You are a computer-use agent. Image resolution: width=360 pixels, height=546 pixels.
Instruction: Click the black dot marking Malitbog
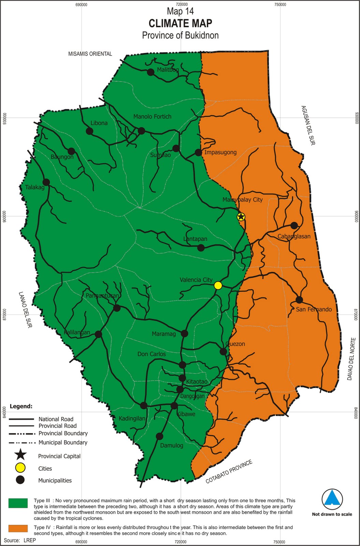150,72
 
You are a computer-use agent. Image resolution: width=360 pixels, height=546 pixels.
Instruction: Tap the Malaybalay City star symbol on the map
241,217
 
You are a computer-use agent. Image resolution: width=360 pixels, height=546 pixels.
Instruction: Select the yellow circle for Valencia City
218,285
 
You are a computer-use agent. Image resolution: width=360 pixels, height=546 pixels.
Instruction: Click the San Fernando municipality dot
299,300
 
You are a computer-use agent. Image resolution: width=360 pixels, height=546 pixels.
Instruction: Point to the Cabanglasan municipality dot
294,226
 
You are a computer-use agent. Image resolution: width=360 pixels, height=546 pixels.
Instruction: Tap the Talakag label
35,187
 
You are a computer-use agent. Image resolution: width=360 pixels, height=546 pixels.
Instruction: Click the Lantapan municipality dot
201,248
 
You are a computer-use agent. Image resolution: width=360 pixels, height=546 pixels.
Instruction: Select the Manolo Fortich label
152,117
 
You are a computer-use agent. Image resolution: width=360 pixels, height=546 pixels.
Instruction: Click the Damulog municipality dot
159,436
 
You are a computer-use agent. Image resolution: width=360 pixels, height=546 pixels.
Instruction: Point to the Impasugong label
220,152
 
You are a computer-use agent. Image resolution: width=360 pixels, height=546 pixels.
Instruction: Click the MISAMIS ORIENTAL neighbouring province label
90,54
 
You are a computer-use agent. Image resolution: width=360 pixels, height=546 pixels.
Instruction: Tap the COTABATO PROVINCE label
229,472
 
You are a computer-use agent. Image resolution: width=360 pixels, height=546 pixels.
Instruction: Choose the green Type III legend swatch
18,503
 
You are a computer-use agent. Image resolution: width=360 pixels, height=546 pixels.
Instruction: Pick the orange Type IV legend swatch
18,528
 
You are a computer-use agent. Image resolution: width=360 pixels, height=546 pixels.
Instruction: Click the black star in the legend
20,455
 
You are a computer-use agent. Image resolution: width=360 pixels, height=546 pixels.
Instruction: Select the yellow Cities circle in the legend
20,468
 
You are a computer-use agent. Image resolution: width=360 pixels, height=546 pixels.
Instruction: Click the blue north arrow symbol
332,499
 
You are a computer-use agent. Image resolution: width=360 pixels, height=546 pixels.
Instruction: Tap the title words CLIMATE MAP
180,23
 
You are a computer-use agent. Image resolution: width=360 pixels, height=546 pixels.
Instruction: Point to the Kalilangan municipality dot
98,334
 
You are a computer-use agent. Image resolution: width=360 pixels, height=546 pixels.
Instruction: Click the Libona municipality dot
89,131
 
